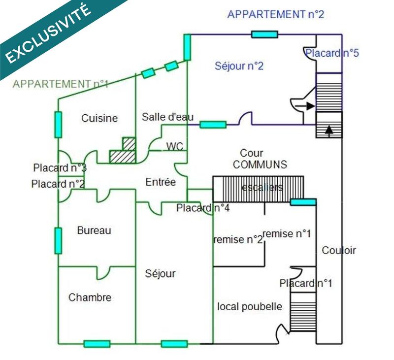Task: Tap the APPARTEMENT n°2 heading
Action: pos(275,15)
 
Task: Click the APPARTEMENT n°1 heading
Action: pos(60,84)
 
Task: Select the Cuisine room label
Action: pos(99,118)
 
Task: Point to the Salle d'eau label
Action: pos(167,117)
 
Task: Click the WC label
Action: pos(175,146)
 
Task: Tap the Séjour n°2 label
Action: pos(239,66)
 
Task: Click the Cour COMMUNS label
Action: pos(260,159)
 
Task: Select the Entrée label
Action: pos(161,182)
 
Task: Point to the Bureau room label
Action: pos(94,230)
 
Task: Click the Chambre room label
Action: pos(90,297)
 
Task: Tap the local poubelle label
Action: pos(250,307)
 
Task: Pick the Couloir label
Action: pos(339,250)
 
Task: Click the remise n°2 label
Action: pos(237,240)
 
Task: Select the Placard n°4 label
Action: pos(203,208)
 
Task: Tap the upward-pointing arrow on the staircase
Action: pos(329,130)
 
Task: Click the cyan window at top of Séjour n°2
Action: pos(264,34)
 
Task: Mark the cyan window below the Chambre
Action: pos(97,344)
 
